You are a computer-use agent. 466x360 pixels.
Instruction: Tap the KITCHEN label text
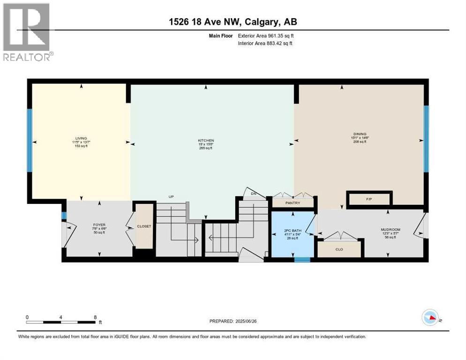(206, 141)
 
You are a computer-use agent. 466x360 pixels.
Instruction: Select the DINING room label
(360, 134)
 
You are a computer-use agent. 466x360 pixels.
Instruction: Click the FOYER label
(98, 225)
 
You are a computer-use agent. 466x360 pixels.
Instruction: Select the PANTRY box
(293, 203)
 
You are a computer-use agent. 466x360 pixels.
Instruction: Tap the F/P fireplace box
(369, 199)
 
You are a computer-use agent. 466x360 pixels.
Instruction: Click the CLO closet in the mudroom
(339, 249)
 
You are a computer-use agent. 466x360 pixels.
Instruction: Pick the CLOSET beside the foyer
(144, 226)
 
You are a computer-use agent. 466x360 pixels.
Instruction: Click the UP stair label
(171, 196)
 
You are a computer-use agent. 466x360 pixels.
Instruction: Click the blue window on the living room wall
(30, 141)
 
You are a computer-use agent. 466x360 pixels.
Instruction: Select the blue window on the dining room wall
(426, 139)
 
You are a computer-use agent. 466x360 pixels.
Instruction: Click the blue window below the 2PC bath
(302, 259)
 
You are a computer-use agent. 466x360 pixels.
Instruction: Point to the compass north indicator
(430, 318)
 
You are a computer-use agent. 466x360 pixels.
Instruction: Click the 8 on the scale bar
(95, 317)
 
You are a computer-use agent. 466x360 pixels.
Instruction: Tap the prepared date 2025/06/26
(251, 321)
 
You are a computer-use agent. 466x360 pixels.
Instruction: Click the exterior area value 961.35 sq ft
(281, 35)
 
